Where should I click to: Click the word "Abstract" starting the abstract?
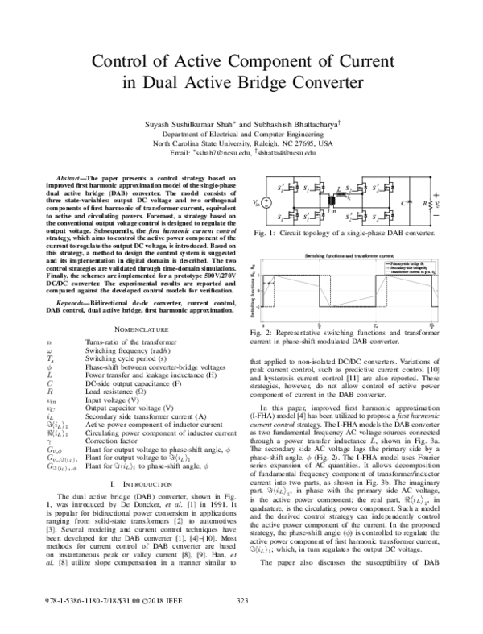coord(67,175)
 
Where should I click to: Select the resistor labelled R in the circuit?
coord(436,205)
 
